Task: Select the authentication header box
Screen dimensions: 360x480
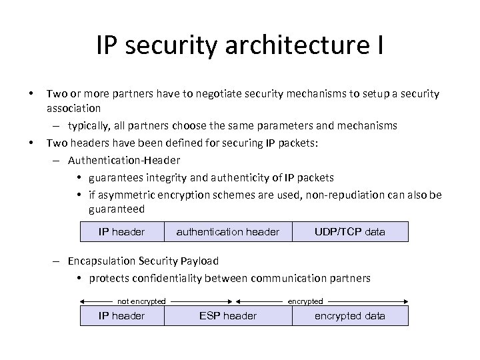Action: (227, 232)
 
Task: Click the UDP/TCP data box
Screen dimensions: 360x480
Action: (350, 232)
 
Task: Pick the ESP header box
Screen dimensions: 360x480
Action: (227, 316)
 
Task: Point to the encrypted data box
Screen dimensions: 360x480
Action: (350, 316)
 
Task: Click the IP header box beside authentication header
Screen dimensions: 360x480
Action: (121, 232)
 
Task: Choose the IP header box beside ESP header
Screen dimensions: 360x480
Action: (121, 316)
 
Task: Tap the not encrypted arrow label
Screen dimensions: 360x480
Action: (141, 301)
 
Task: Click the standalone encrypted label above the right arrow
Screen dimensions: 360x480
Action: (305, 301)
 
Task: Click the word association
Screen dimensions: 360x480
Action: (73, 107)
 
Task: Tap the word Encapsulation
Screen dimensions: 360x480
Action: (97, 261)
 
